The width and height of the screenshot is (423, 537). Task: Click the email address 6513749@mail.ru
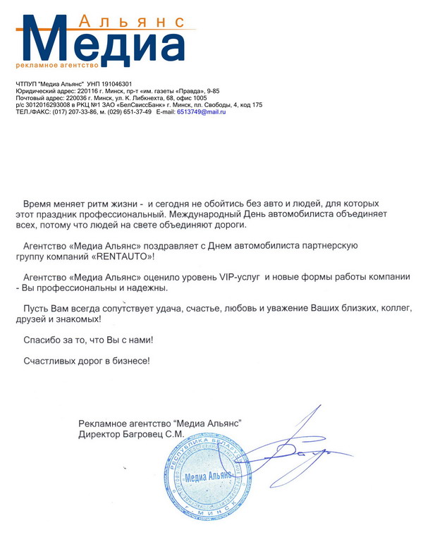(x=201, y=112)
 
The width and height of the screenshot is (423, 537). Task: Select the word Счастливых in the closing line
(x=53, y=360)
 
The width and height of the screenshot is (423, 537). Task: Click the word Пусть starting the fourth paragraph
(x=36, y=309)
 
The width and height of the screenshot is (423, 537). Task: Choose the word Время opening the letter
(x=39, y=202)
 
